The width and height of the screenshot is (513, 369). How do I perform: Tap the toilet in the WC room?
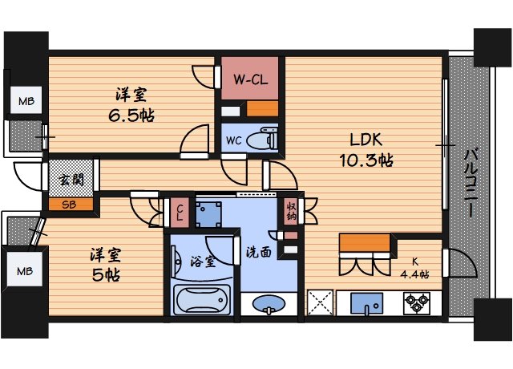pos(261,140)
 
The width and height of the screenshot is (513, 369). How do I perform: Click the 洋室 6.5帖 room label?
pos(132,104)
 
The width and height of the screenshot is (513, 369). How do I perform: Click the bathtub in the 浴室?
pos(200,300)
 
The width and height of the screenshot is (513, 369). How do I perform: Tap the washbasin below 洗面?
pos(269,304)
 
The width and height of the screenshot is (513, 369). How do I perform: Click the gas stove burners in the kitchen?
pos(417,303)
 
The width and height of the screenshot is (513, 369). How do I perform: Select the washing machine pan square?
pos(211,213)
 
